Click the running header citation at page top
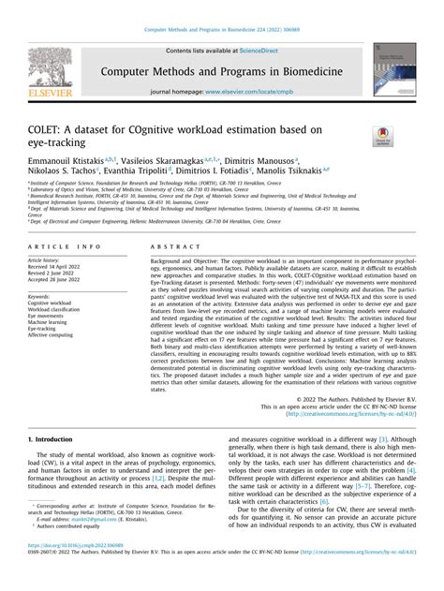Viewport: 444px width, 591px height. coord(222,6)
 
